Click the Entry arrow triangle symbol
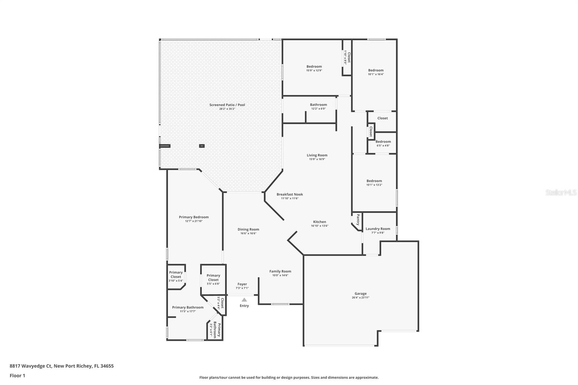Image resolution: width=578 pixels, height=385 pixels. coord(244,300)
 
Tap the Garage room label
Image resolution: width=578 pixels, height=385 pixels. coord(360,294)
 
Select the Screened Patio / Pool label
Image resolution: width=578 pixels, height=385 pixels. coord(227,105)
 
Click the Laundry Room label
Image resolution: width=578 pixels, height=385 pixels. coord(378,229)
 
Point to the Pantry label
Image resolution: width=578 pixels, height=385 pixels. coord(358,220)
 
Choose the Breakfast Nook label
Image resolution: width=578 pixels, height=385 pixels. coord(290,194)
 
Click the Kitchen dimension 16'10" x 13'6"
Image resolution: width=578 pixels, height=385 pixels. coord(319,226)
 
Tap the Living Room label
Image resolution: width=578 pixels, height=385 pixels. coord(317,155)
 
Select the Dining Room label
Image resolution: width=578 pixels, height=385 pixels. coord(248,229)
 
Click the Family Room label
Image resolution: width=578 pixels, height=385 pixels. coord(280,271)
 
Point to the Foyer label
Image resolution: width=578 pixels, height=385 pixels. coord(242,284)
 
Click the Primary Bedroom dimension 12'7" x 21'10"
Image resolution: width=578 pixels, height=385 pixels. coord(194,221)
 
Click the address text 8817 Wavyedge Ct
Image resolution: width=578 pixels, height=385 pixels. coord(31,366)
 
